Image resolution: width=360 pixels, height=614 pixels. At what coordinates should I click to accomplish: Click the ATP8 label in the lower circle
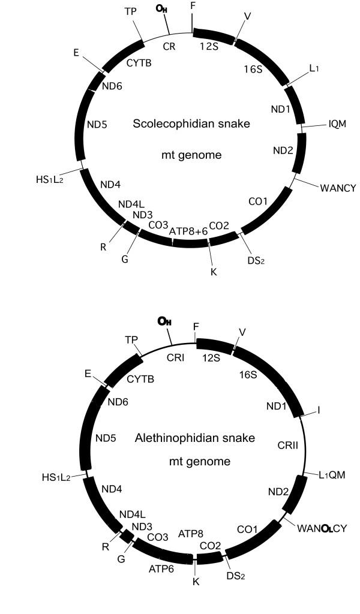pyautogui.click(x=191, y=533)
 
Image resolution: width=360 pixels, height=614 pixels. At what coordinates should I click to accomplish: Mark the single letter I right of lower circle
pyautogui.click(x=319, y=410)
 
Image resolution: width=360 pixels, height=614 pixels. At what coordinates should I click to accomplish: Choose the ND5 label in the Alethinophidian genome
pyautogui.click(x=106, y=438)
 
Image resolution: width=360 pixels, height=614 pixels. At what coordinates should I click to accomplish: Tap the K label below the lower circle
pyautogui.click(x=196, y=581)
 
